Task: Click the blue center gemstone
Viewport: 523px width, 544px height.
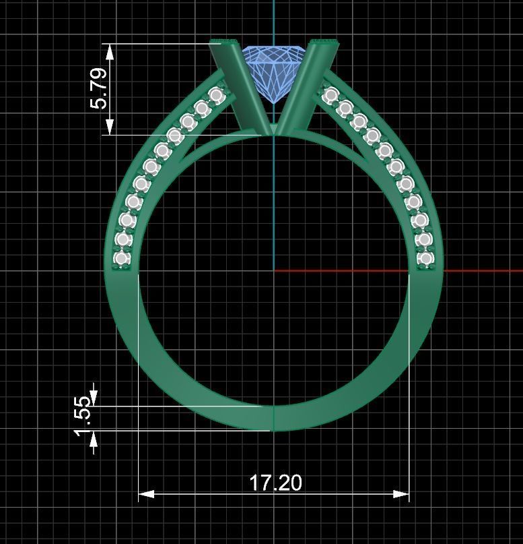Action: [x=273, y=71]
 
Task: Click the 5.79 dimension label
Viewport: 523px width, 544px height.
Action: [x=98, y=88]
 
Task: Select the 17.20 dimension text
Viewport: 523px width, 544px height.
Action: [x=275, y=483]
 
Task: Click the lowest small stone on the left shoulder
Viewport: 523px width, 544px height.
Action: [x=122, y=258]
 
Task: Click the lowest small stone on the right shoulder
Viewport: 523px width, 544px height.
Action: [x=425, y=258]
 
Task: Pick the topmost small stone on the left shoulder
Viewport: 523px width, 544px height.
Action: [x=216, y=96]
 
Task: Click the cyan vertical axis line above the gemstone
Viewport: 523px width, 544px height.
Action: [x=274, y=20]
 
